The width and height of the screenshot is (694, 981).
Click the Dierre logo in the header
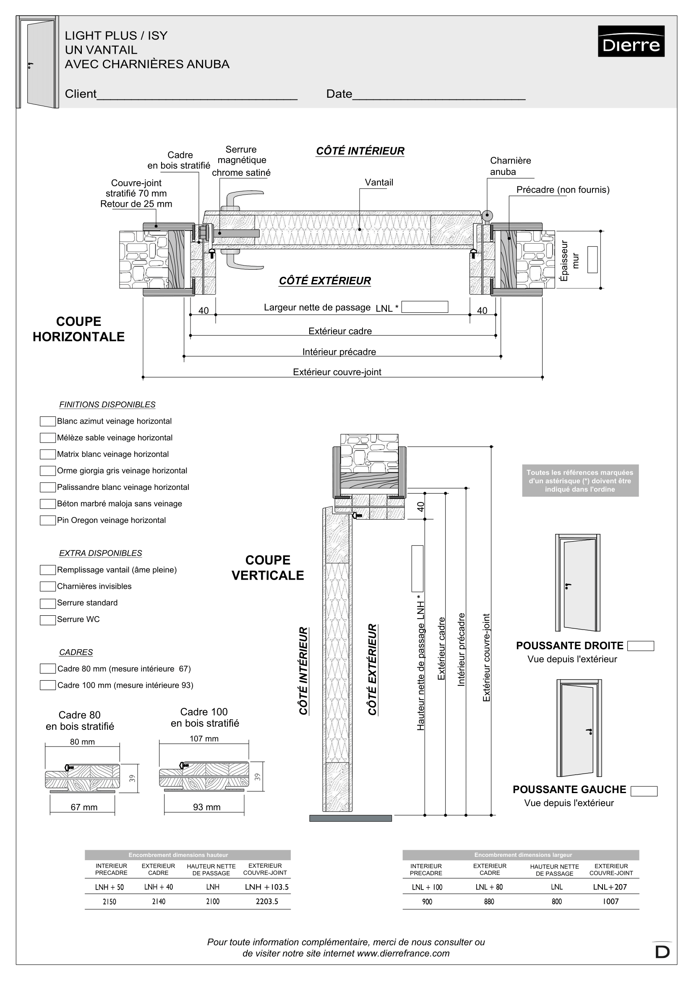point(631,41)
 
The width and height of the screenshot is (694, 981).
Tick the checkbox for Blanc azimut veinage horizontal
point(47,421)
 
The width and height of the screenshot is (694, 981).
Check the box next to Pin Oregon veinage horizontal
point(47,520)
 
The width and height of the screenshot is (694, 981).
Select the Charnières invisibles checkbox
point(47,587)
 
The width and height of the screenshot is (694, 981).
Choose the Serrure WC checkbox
point(47,619)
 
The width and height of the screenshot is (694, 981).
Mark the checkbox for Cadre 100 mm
point(47,685)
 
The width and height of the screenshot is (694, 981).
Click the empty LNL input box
point(425,307)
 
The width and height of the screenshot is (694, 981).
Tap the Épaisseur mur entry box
point(592,259)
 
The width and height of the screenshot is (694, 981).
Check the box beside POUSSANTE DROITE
point(641,646)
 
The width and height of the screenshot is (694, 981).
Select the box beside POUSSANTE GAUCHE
point(644,791)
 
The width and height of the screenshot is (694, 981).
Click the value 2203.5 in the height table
point(267,902)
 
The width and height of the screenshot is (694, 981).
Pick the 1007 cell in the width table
point(611,902)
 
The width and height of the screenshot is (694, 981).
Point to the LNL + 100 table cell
point(427,887)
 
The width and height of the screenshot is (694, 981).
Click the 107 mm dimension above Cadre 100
point(204,739)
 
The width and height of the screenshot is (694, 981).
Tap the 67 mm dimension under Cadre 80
point(84,807)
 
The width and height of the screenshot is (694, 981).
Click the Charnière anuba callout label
point(510,166)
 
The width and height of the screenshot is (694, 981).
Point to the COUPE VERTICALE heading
point(268,567)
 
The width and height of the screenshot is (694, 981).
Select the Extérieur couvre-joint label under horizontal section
point(337,372)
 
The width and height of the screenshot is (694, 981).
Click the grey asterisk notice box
point(580,481)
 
